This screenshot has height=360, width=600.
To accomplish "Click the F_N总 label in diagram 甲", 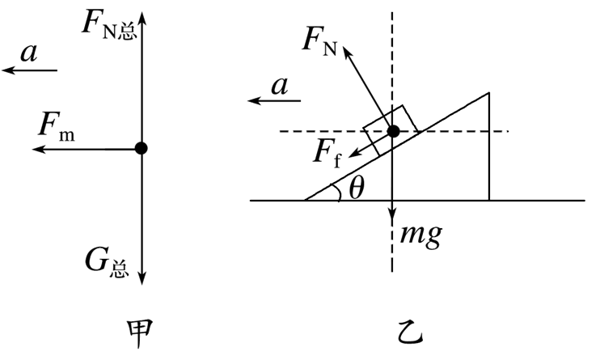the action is point(109,24).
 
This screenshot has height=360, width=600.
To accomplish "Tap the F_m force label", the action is point(57,127).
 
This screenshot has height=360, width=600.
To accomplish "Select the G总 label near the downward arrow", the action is point(107,263).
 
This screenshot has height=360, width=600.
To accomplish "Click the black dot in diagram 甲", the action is point(142,148).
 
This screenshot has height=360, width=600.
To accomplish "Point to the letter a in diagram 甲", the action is point(29,53).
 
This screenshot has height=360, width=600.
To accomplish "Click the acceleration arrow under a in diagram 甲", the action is point(29,70).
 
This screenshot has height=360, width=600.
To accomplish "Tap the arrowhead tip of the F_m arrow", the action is point(32,149).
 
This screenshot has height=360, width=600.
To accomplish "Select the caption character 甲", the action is point(139,334).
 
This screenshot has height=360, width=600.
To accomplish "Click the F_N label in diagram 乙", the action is point(319,41).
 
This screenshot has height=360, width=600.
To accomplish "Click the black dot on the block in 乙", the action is point(393,131).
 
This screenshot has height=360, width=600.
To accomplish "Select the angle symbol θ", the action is point(357,188).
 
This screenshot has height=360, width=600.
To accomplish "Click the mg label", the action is point(421,234).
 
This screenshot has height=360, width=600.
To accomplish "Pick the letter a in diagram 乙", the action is point(279,86).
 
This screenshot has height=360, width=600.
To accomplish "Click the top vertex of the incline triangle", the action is point(489,93).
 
